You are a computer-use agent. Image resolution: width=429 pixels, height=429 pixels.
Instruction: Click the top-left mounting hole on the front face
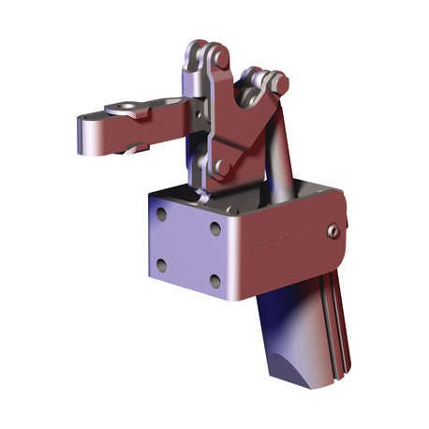(x=162, y=214)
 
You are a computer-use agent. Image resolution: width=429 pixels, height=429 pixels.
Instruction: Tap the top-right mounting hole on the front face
(x=214, y=227)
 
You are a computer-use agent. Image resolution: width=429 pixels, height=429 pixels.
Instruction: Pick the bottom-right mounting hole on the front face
(x=214, y=279)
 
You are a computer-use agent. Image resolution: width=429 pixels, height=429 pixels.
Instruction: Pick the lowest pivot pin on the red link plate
(x=219, y=167)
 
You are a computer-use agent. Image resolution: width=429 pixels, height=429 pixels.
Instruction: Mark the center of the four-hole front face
(x=188, y=246)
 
